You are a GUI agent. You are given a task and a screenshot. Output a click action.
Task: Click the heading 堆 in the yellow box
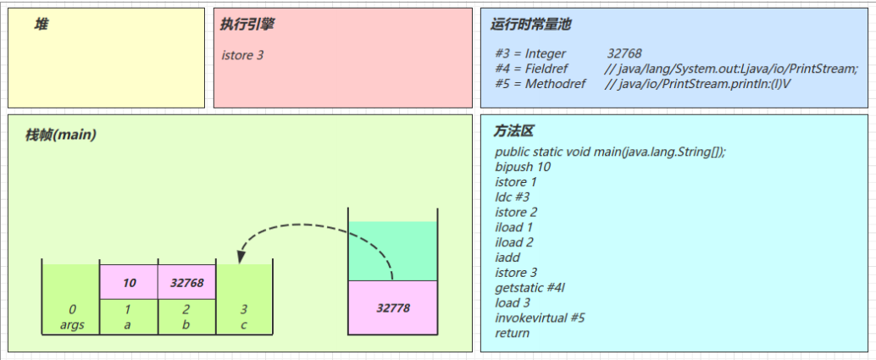(x=41, y=25)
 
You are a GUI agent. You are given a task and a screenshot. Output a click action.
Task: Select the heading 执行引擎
(x=247, y=25)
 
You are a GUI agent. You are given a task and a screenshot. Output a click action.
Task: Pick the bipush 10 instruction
(x=523, y=167)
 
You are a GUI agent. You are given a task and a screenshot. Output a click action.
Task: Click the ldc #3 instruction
(x=513, y=197)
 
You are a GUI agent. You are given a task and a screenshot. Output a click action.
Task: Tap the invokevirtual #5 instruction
(x=540, y=318)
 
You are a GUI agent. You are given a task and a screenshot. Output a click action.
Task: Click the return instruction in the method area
(x=512, y=333)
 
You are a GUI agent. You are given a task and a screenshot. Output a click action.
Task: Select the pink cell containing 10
(x=129, y=282)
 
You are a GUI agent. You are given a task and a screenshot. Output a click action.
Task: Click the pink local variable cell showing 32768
(x=186, y=282)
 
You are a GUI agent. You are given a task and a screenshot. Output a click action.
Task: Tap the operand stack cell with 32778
(x=393, y=307)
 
